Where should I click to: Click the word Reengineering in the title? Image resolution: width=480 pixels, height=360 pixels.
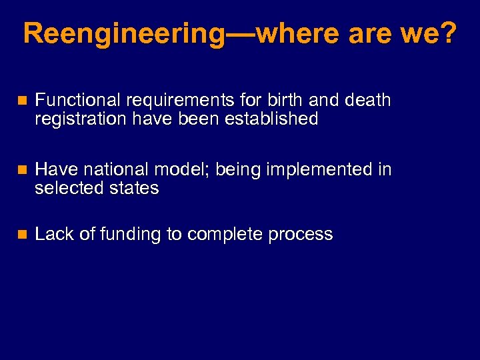(123, 33)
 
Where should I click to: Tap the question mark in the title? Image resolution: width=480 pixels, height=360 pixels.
(447, 33)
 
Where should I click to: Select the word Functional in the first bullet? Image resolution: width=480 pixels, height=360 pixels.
(77, 101)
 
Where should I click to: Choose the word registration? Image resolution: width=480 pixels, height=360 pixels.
(75, 119)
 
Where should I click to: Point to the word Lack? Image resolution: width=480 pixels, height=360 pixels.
(51, 234)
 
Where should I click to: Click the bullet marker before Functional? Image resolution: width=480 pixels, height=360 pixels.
(22, 101)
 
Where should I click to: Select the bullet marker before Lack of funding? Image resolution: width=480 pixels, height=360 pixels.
(22, 235)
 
